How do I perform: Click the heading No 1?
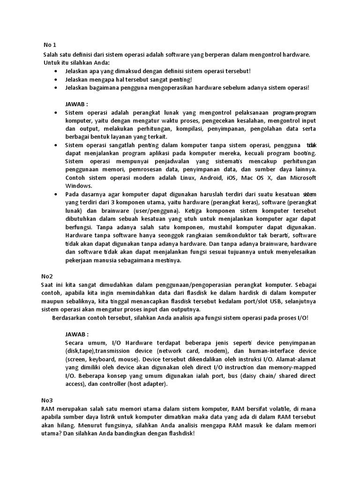pyautogui.click(x=50, y=45)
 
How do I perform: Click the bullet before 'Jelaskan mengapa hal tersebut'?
pyautogui.click(x=56, y=79)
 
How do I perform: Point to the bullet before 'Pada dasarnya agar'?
pyautogui.click(x=56, y=194)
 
